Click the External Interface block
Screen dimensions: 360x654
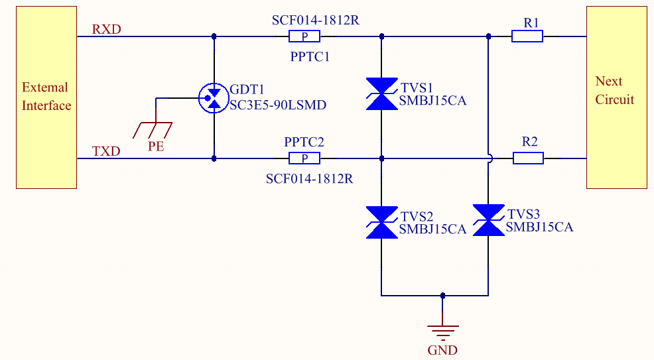click(46, 97)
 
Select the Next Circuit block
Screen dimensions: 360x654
click(616, 97)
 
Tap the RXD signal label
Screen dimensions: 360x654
click(107, 29)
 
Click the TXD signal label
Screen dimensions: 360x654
click(106, 151)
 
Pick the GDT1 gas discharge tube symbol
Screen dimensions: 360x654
click(214, 98)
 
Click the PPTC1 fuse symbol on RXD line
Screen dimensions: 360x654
click(305, 36)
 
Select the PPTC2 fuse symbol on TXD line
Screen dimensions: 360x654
click(305, 158)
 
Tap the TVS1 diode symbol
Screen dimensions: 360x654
click(381, 93)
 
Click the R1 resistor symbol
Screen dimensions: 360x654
click(527, 36)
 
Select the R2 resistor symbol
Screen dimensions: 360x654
click(528, 158)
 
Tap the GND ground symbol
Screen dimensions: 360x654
click(442, 330)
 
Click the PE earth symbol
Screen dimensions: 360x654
click(155, 129)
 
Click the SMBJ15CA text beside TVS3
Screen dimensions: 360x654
click(539, 227)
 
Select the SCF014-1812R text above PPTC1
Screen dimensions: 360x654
click(315, 20)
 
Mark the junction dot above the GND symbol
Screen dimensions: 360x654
click(442, 296)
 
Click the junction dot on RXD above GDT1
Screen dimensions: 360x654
click(214, 36)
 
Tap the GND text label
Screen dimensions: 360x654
click(442, 350)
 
